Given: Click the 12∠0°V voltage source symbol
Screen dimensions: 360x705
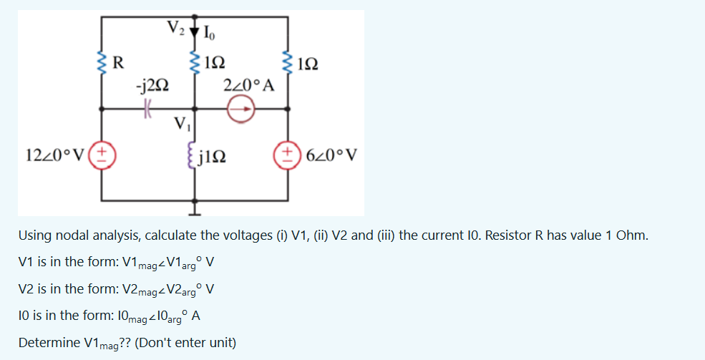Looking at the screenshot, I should [101, 155].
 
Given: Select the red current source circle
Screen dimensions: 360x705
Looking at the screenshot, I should [241, 109].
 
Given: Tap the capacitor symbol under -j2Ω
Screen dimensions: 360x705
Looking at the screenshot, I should [147, 109].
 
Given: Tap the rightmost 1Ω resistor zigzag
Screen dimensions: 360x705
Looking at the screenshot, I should [289, 62].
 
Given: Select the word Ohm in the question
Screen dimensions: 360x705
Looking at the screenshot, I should [633, 235].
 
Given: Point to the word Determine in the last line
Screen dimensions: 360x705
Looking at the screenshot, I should [49, 342].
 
